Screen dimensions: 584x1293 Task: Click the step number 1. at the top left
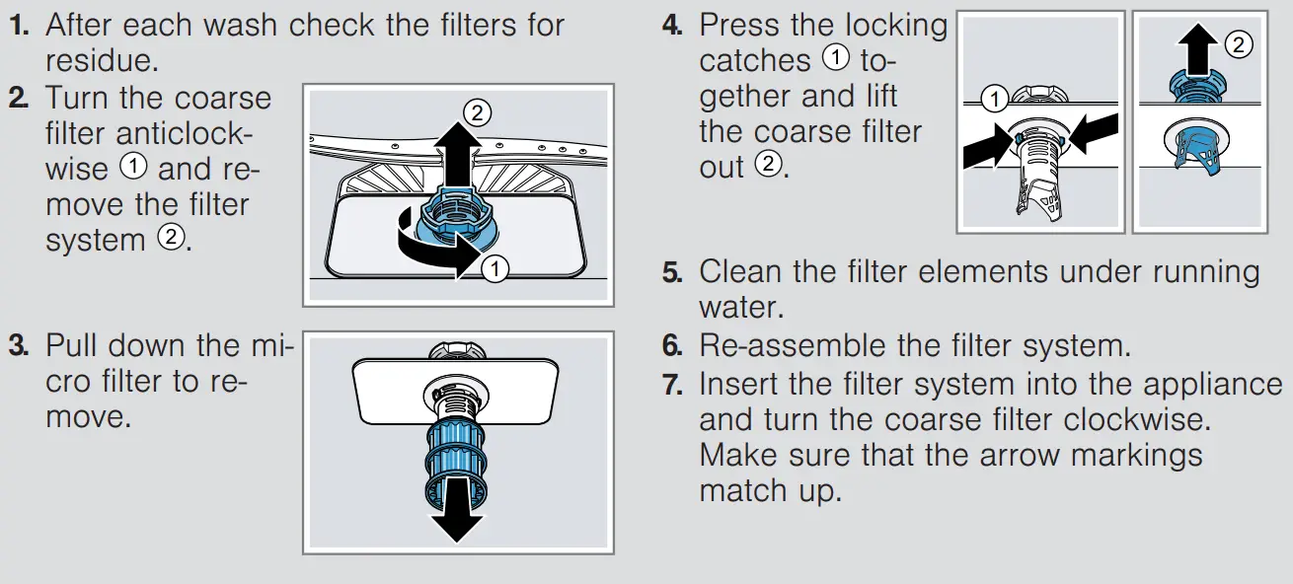(x=19, y=25)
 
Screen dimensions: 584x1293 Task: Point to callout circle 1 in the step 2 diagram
(x=496, y=266)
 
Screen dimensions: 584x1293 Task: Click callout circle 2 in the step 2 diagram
(x=477, y=112)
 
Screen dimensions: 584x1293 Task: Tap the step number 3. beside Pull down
(x=19, y=346)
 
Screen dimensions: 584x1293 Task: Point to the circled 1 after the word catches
(x=835, y=59)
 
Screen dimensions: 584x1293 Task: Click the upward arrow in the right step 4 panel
(x=1195, y=49)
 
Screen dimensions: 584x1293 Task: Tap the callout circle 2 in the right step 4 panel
(x=1238, y=42)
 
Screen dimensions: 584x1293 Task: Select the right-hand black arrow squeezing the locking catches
(x=1094, y=133)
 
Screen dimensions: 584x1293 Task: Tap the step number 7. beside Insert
(x=672, y=383)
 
